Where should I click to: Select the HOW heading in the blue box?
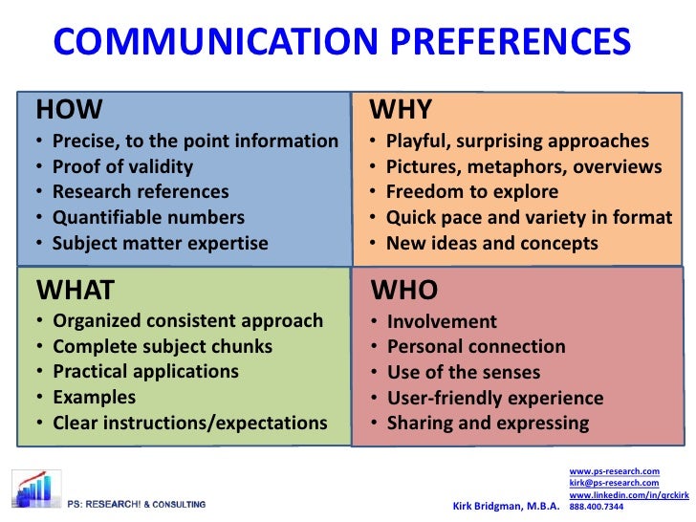(x=69, y=109)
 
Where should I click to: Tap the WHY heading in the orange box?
(x=401, y=109)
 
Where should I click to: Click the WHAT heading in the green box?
(x=76, y=289)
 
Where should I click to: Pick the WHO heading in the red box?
(x=404, y=290)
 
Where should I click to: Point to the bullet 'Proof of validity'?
(x=122, y=166)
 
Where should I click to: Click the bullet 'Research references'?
(x=141, y=192)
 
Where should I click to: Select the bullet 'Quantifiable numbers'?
(x=148, y=218)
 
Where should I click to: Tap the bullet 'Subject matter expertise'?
(x=161, y=244)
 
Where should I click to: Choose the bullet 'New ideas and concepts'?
(x=491, y=244)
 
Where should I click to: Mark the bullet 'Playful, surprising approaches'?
(x=517, y=141)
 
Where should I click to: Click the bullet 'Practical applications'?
(x=145, y=371)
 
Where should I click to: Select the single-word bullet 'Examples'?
(x=94, y=397)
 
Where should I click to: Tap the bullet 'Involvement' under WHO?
(x=441, y=321)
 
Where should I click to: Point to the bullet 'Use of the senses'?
(x=463, y=372)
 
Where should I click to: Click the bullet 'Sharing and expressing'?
(x=487, y=424)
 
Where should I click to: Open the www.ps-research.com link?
(x=614, y=472)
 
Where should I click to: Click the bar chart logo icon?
(x=34, y=489)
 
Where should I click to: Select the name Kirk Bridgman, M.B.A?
(x=505, y=505)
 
